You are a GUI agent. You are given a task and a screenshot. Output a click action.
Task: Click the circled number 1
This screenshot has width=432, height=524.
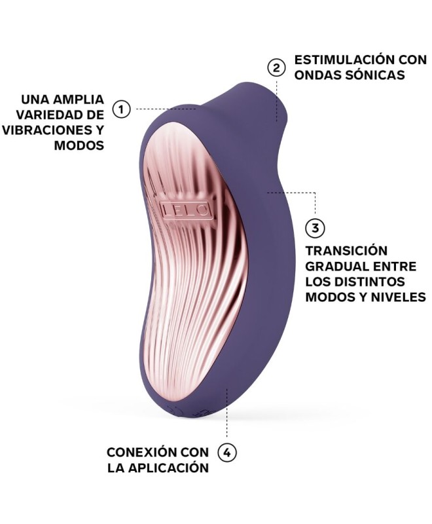(121, 109)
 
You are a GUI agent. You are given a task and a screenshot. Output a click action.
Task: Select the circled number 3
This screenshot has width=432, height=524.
(315, 228)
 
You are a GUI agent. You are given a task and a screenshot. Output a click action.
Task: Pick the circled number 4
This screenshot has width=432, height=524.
(226, 453)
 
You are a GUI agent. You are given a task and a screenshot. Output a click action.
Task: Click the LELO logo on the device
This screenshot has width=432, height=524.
(186, 210)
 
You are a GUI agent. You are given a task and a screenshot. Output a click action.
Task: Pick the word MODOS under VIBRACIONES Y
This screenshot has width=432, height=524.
(79, 145)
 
